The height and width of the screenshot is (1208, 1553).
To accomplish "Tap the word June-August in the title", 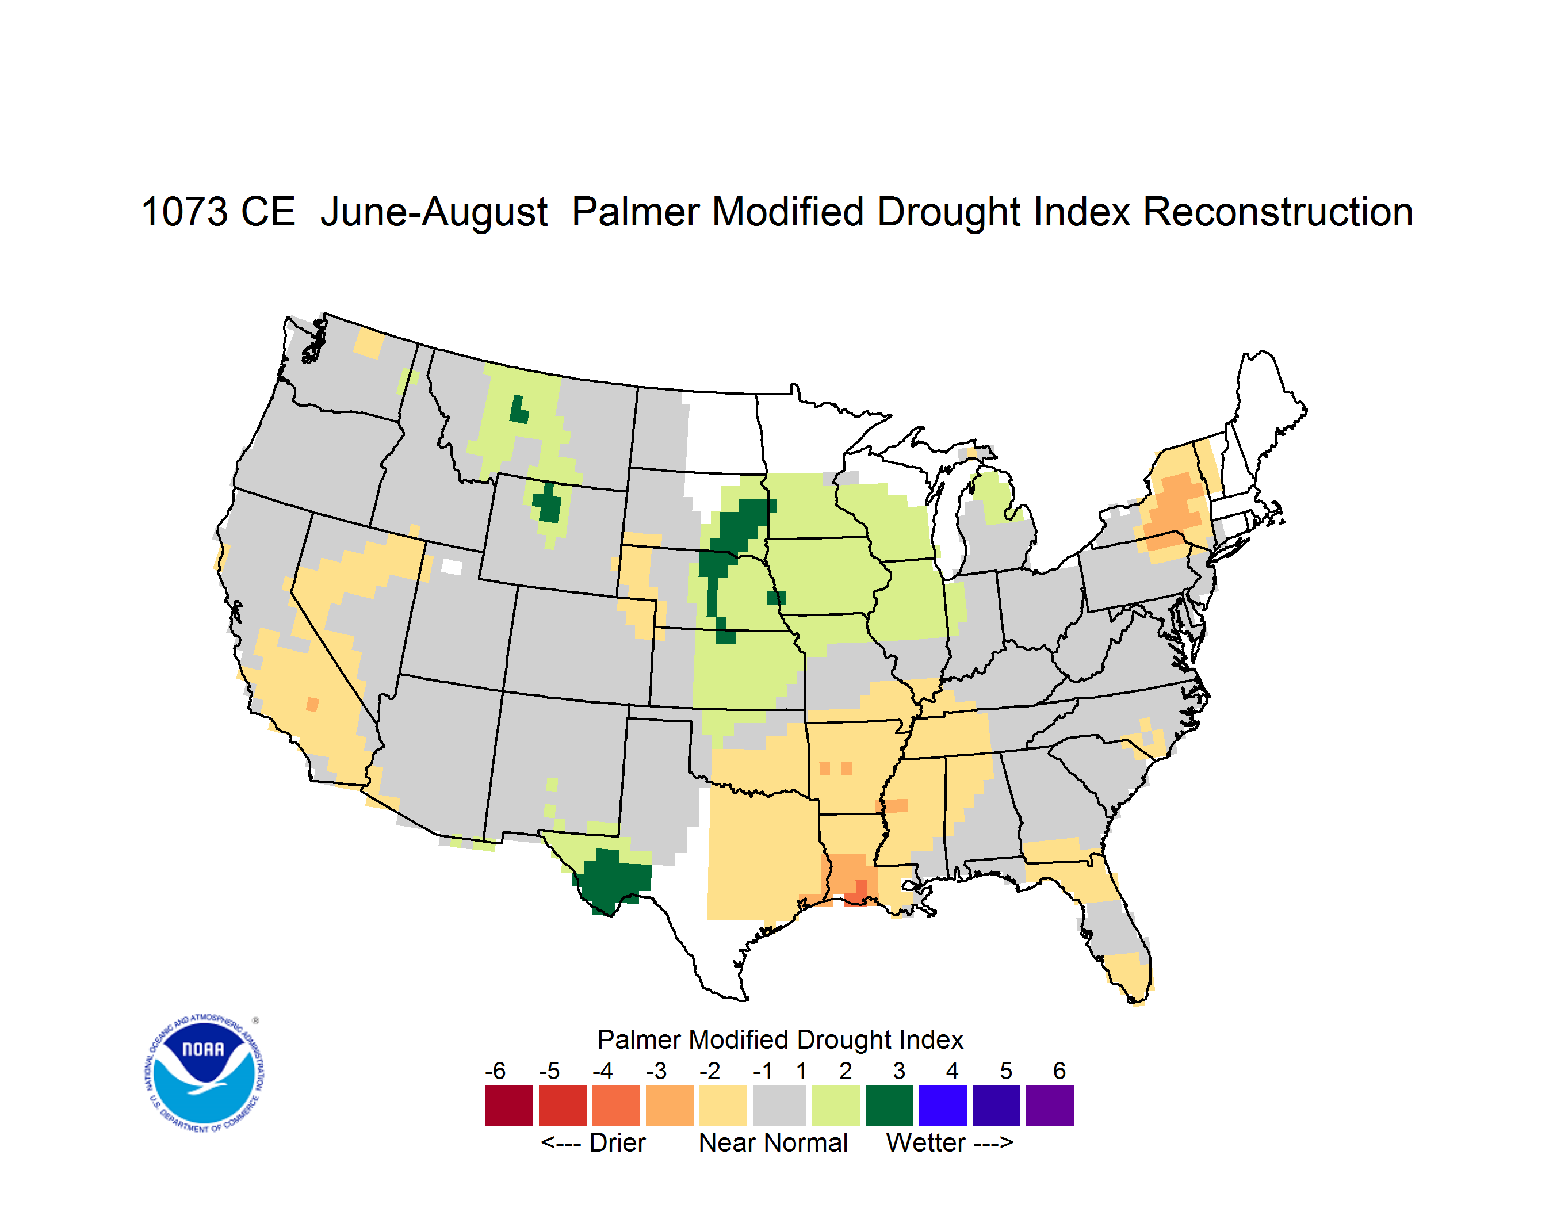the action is pos(434,213).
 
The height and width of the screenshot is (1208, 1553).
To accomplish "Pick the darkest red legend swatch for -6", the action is pos(509,1105).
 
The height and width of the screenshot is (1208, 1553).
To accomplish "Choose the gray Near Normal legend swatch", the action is pos(779,1105).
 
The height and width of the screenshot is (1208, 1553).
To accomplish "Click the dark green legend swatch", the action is pos(889,1105).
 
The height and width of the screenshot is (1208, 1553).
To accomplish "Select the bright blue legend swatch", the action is pos(943,1105).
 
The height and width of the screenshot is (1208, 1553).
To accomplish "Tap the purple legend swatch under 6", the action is pos(1050,1105).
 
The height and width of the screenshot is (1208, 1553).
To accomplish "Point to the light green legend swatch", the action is pos(836,1105).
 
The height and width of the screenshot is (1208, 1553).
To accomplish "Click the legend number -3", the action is pos(656,1071).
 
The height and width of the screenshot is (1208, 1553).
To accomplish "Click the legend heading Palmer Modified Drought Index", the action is pos(780,1039).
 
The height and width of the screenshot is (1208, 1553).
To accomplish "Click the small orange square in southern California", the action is pos(312,704).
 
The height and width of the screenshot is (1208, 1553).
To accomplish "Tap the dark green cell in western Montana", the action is pos(519,410).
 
